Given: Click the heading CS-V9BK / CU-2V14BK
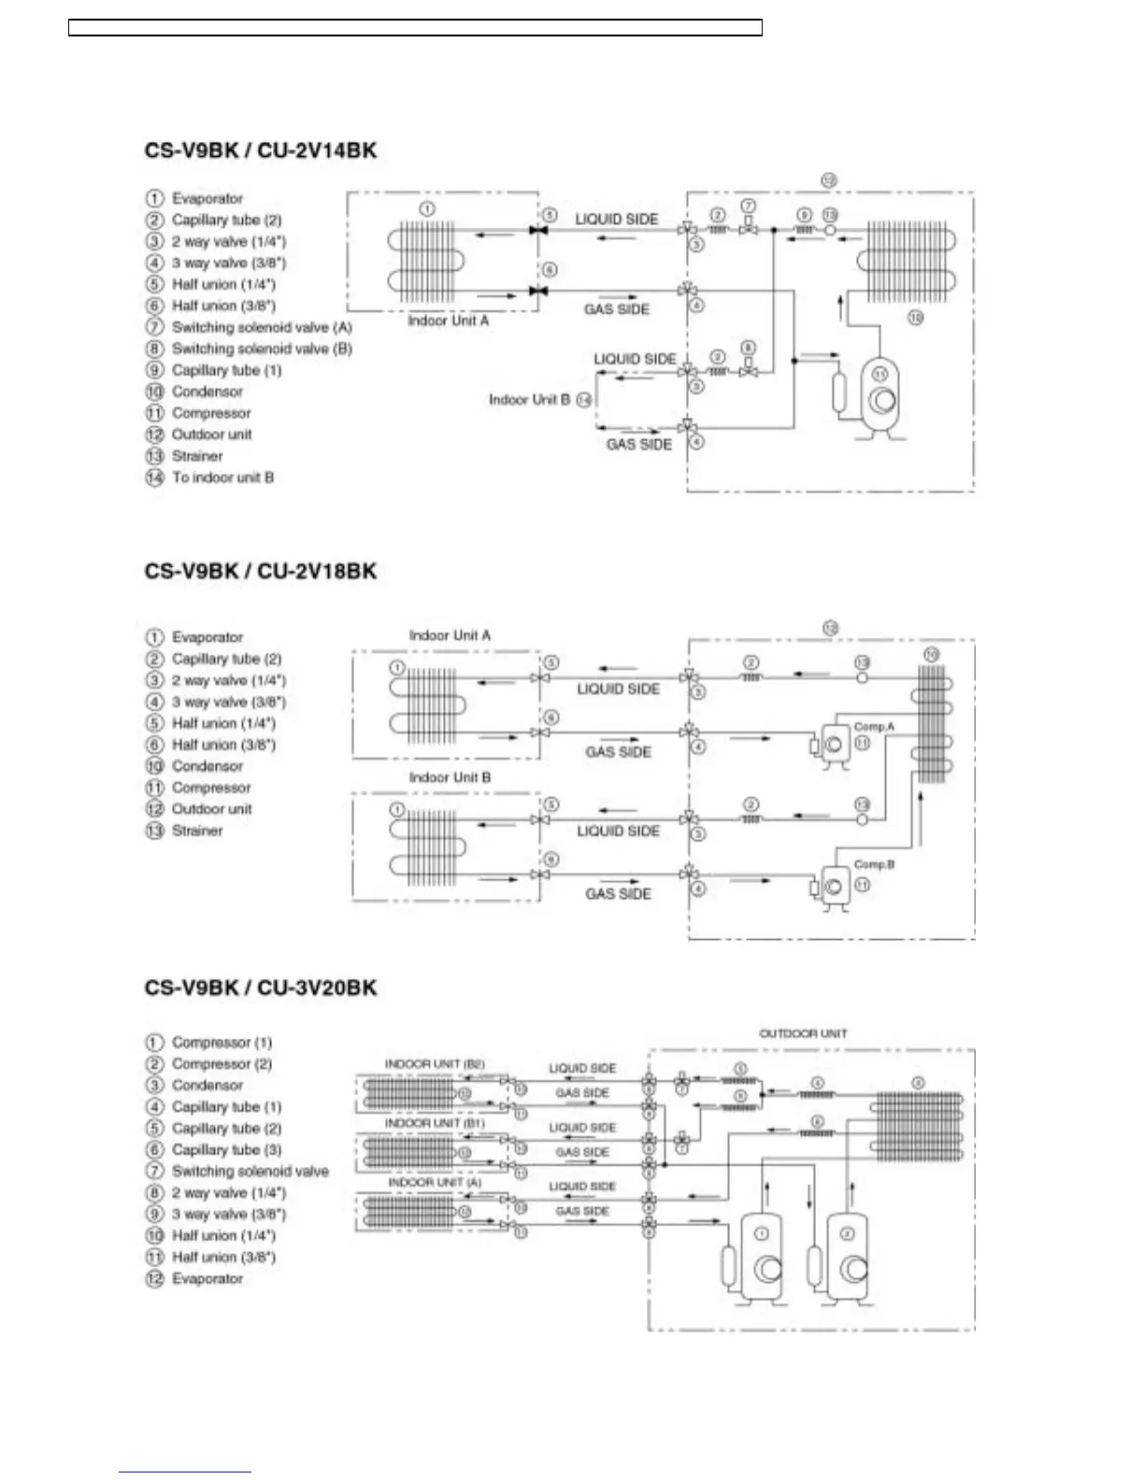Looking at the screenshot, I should click(x=260, y=150).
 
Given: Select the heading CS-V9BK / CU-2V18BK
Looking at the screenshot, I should click(x=260, y=571).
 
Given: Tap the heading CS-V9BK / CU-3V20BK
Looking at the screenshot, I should click(x=260, y=988).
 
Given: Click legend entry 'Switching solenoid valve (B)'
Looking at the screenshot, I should click(x=261, y=349).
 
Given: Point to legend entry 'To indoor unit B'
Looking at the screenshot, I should click(x=222, y=477).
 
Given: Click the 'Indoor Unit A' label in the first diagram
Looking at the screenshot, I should click(x=448, y=320).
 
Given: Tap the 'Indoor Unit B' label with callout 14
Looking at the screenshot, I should click(x=529, y=400).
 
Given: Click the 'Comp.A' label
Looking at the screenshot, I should click(x=874, y=727).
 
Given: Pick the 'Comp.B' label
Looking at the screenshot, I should click(x=874, y=864).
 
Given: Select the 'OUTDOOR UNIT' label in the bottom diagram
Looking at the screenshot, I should click(x=802, y=1033).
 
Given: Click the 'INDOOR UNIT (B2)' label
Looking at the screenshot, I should click(x=435, y=1064).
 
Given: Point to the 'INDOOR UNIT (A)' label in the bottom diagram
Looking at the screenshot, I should click(x=435, y=1182).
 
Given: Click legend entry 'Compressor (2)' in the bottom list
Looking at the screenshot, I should click(x=222, y=1064).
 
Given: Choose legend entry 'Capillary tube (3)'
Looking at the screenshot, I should click(x=226, y=1150).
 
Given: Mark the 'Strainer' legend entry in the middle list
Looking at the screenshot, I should click(x=197, y=831).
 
